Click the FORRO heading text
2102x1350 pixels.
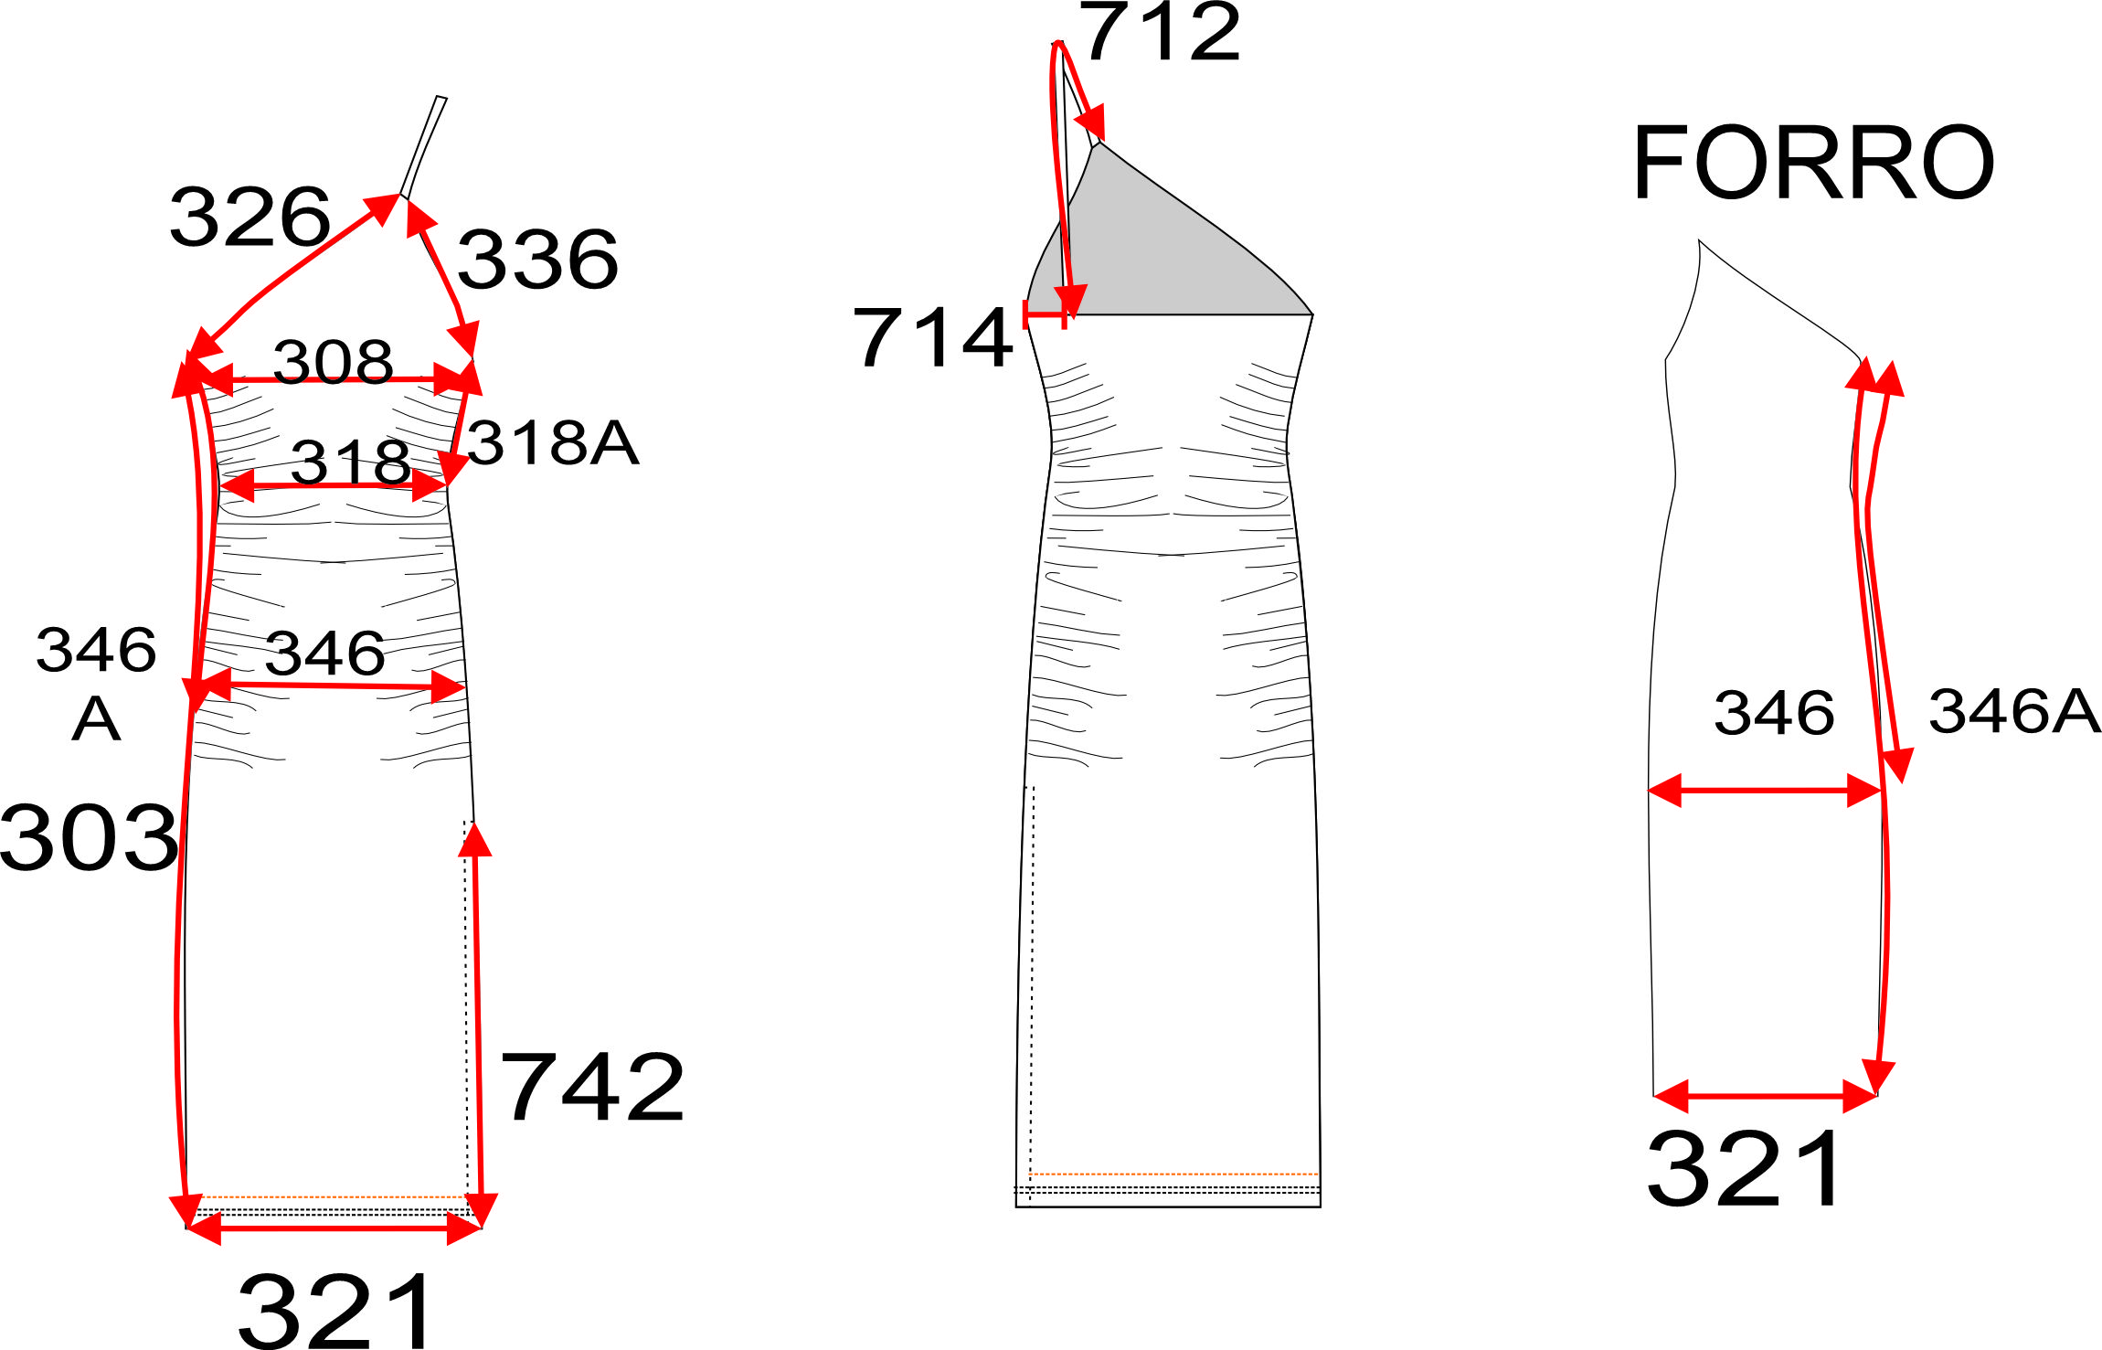pyautogui.click(x=1813, y=163)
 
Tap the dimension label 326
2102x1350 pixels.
pyautogui.click(x=249, y=217)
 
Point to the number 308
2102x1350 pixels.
pyautogui.click(x=333, y=361)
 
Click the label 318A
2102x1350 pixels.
pyautogui.click(x=553, y=443)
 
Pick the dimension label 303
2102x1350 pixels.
pyautogui.click(x=89, y=836)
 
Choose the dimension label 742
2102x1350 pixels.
pyautogui.click(x=592, y=1087)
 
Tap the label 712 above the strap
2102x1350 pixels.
pyautogui.click(x=1161, y=32)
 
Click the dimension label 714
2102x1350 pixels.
pyautogui.click(x=932, y=337)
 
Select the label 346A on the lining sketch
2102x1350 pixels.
pyautogui.click(x=2014, y=711)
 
